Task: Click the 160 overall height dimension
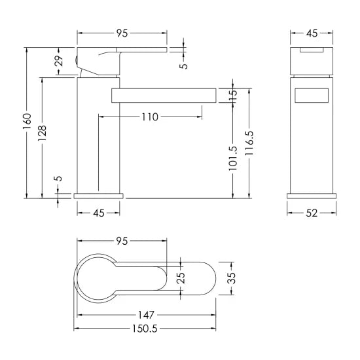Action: (x=27, y=122)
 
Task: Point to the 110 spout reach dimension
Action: (x=149, y=117)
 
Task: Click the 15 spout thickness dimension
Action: (x=234, y=95)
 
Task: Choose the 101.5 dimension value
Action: (x=234, y=157)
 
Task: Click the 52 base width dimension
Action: (x=312, y=212)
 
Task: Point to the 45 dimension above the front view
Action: (x=312, y=33)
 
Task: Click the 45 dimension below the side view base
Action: (x=99, y=212)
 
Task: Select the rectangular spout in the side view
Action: (x=164, y=95)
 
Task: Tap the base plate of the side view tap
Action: (x=99, y=195)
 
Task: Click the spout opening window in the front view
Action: (x=312, y=95)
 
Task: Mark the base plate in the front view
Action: (x=312, y=195)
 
